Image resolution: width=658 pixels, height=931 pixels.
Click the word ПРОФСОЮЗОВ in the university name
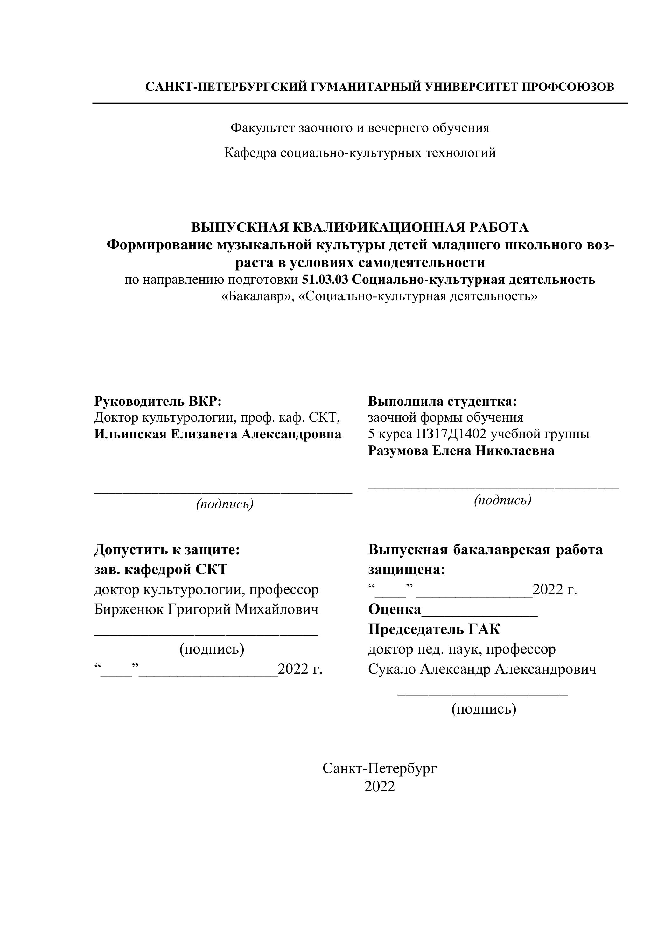(568, 87)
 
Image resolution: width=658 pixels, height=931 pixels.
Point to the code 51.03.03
(325, 280)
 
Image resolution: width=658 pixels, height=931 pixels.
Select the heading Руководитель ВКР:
(158, 401)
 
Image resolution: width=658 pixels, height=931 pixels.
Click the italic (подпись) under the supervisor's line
(225, 504)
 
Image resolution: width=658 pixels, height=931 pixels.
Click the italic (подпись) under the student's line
(502, 501)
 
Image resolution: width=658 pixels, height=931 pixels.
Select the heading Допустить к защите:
(167, 550)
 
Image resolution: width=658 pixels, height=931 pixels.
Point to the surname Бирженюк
(129, 609)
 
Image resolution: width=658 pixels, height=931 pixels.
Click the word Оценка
(395, 609)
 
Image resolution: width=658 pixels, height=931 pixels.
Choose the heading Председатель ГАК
(434, 629)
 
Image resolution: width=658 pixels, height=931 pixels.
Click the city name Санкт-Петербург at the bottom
(380, 768)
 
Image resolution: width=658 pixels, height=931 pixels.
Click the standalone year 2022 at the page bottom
(379, 787)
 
